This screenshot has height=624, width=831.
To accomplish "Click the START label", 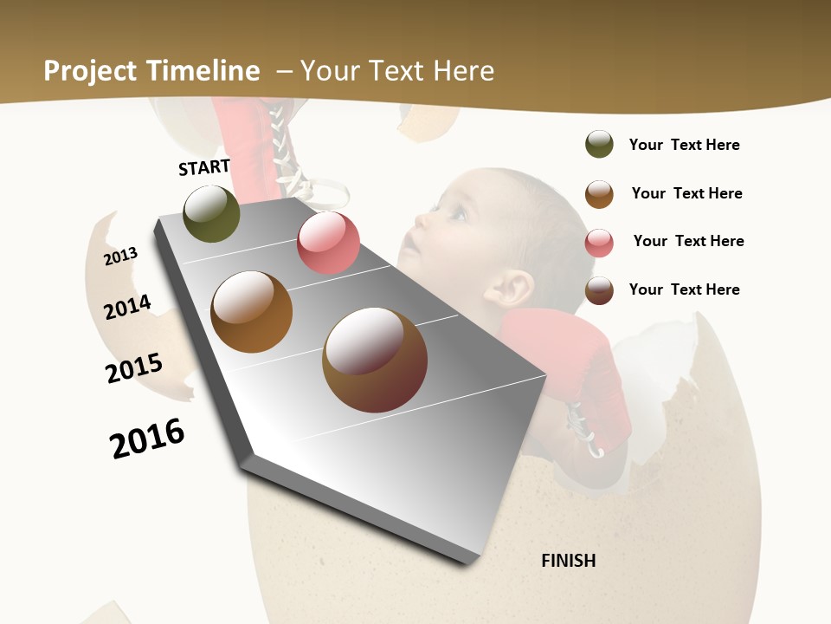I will [204, 167].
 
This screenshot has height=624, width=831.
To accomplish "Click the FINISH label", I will [568, 561].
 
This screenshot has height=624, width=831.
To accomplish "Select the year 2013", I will [121, 256].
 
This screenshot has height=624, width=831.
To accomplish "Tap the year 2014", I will [128, 307].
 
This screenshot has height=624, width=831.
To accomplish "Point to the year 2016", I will [147, 438].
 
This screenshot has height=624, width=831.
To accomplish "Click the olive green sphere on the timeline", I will [212, 213].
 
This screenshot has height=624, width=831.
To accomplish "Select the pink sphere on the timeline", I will [328, 243].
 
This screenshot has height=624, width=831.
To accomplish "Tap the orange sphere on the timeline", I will [251, 312].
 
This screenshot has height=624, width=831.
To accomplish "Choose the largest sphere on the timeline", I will [374, 360].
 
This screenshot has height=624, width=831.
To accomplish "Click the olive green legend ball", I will [599, 144].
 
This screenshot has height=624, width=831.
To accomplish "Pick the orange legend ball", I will [599, 194].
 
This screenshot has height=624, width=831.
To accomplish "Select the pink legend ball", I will [599, 243].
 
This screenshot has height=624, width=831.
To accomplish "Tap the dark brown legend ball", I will [599, 290].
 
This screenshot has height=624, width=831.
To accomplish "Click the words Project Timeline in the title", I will [151, 71].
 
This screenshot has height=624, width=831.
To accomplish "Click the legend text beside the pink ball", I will [688, 241].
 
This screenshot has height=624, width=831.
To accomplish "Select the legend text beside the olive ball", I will [684, 145].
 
